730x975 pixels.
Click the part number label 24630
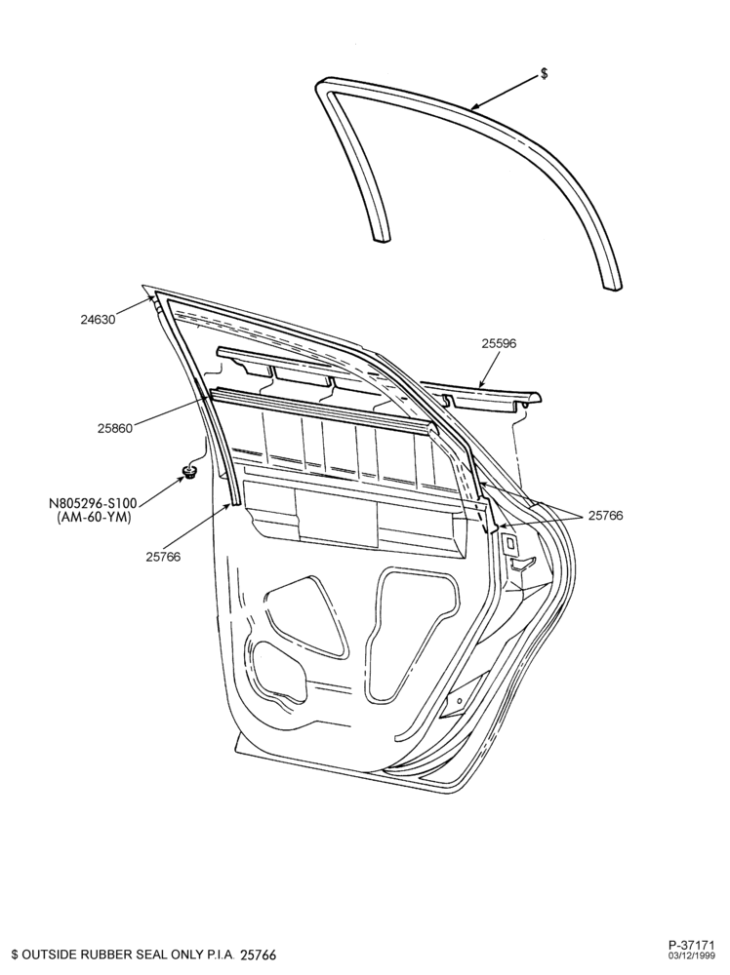[99, 321]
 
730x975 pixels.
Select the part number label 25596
[499, 342]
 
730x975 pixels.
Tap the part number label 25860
[115, 428]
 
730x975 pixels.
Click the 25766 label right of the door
[605, 516]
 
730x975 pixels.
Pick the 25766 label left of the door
[164, 557]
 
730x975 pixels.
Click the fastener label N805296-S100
[94, 502]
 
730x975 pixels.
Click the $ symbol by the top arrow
[545, 73]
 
